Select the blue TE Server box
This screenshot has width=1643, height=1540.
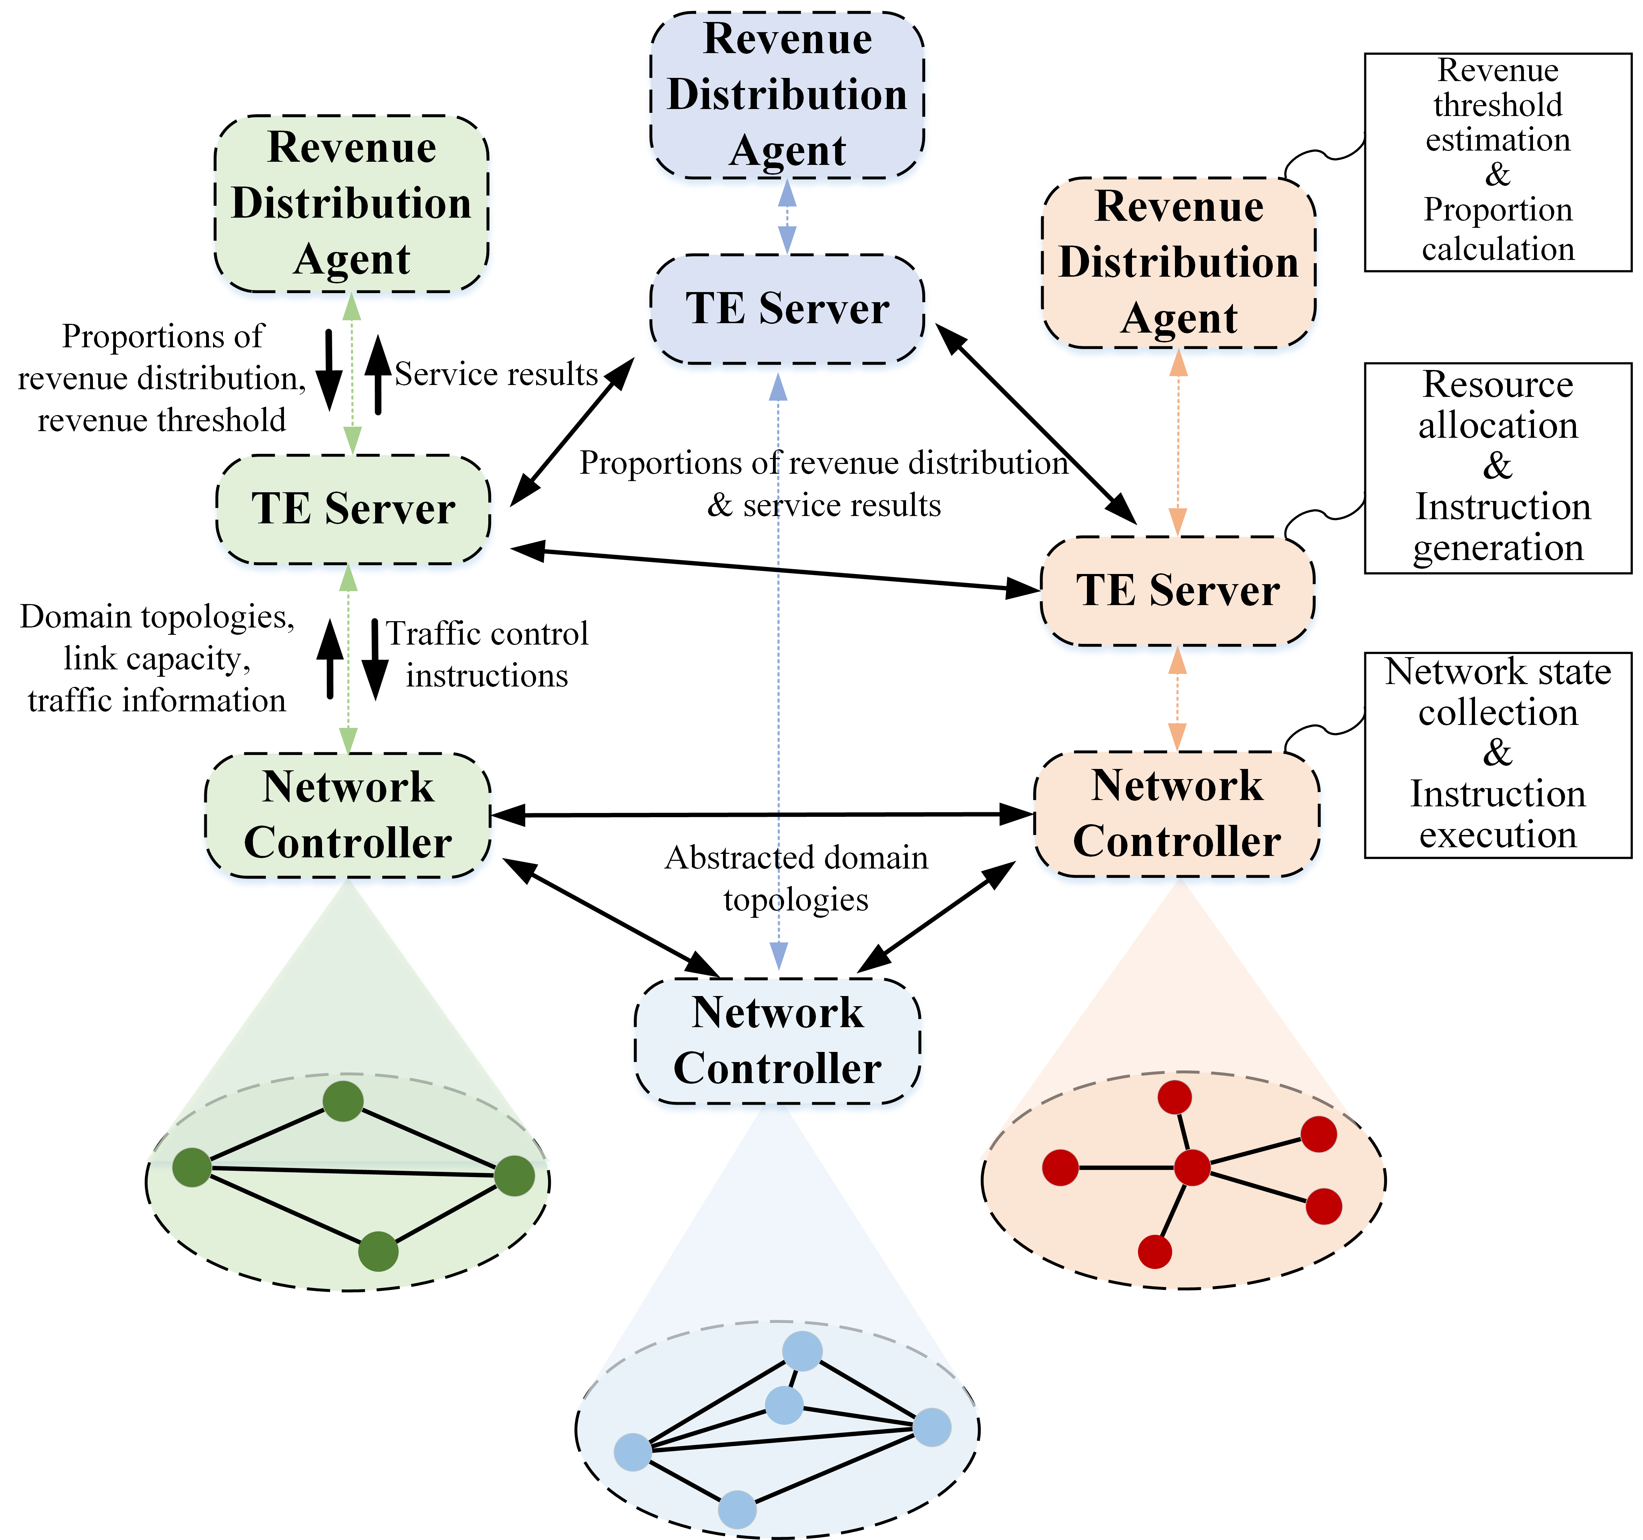pyautogui.click(x=787, y=308)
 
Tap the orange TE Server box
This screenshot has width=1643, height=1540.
pyautogui.click(x=1178, y=590)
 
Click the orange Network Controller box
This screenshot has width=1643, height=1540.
pyautogui.click(x=1177, y=813)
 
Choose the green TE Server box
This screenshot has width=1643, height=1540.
pyautogui.click(x=353, y=508)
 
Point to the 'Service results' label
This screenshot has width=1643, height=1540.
pyautogui.click(x=496, y=375)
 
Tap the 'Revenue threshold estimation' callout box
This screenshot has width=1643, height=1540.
pyautogui.click(x=1498, y=162)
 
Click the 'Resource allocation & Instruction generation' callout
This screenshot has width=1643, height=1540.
pyautogui.click(x=1498, y=467)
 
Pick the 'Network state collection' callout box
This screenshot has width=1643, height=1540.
pyautogui.click(x=1498, y=755)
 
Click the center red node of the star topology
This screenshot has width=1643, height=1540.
pyautogui.click(x=1192, y=1167)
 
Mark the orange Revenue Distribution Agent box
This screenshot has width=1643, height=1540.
pyautogui.click(x=1178, y=262)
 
